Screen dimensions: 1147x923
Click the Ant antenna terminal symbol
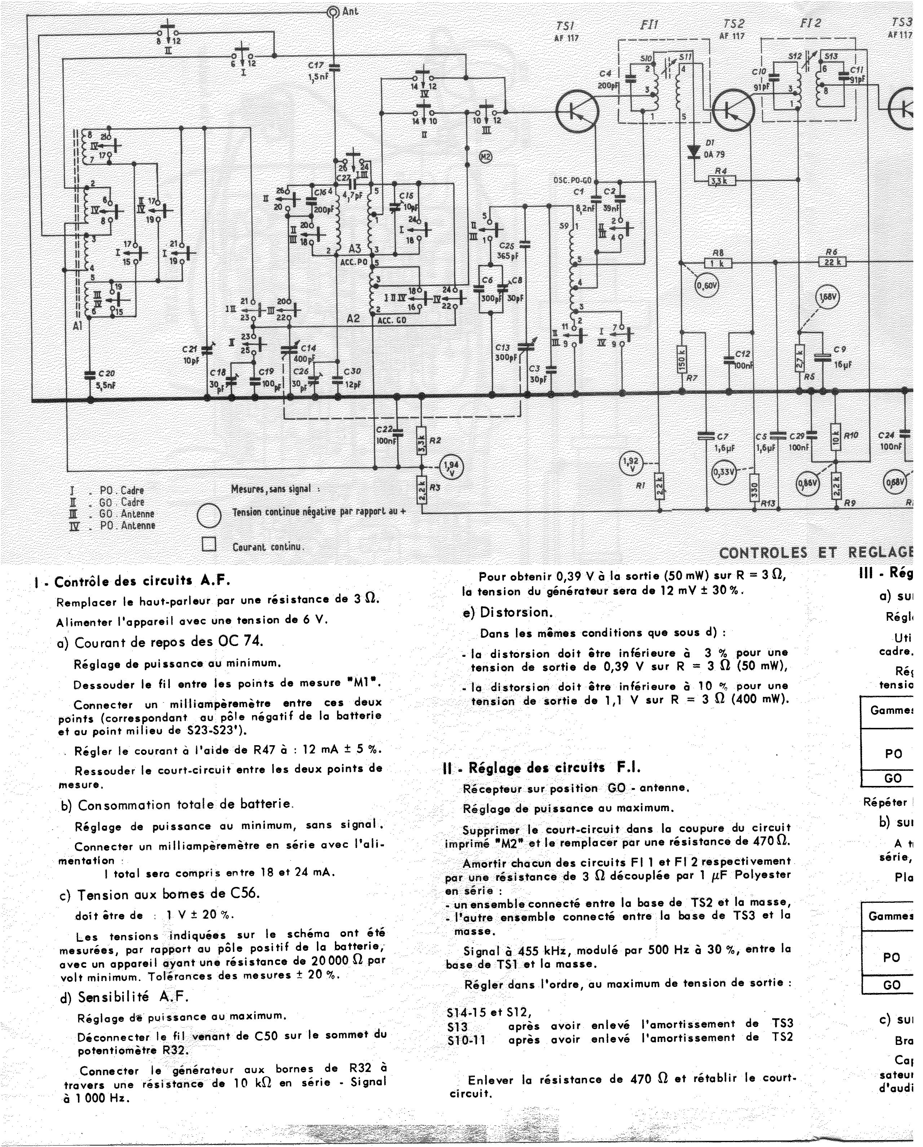point(334,12)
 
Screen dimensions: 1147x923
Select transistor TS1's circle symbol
point(577,111)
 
